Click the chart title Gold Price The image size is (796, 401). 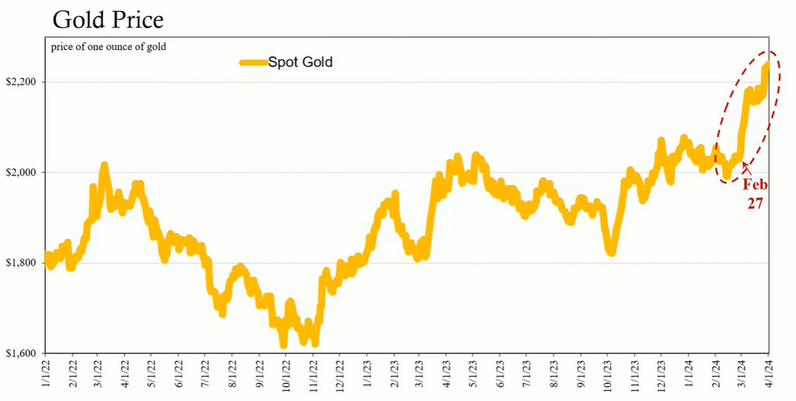tap(108, 20)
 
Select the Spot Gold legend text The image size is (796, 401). tap(300, 62)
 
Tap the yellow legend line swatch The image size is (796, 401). tap(254, 63)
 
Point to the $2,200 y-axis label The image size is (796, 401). tap(21, 82)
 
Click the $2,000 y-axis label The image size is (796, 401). tap(21, 172)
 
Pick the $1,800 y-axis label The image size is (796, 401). tap(21, 263)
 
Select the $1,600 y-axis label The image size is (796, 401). tap(21, 353)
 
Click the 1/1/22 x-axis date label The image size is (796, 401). tap(45, 374)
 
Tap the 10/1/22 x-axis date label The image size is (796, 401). tap(286, 376)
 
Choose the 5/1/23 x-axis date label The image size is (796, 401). tap(473, 374)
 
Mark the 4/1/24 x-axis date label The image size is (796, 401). tap(768, 374)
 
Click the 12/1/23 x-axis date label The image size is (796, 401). tap(661, 376)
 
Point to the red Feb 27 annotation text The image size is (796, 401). tap(755, 194)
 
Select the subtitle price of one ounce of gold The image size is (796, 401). tap(108, 47)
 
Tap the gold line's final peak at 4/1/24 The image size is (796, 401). tap(767, 64)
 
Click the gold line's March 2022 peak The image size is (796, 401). tap(104, 165)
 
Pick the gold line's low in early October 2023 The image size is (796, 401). tap(611, 253)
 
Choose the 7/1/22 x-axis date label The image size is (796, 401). tap(206, 374)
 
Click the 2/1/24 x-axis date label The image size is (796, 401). tap(715, 374)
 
